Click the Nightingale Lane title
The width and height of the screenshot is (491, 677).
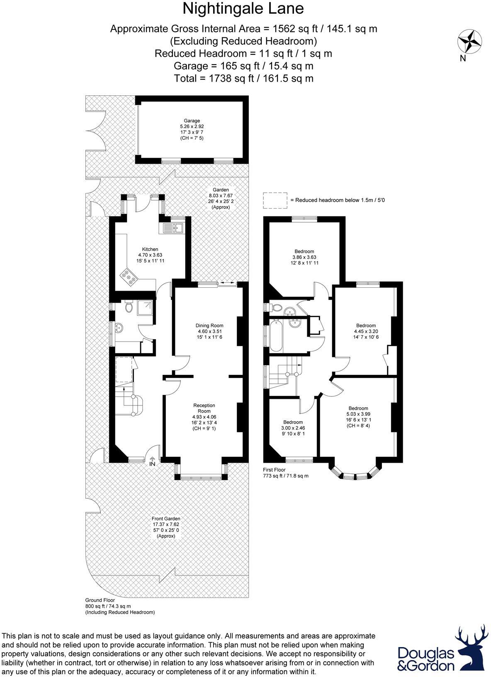(x=243, y=9)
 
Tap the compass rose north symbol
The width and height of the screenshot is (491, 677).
(x=470, y=42)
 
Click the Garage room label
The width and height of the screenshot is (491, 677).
(x=192, y=121)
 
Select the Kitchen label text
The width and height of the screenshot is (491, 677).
(x=150, y=249)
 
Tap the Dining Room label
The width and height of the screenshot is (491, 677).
(x=209, y=325)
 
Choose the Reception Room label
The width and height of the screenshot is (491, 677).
(x=204, y=408)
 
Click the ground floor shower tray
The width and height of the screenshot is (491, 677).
(x=146, y=308)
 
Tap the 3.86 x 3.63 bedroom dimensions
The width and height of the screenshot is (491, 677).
(x=304, y=257)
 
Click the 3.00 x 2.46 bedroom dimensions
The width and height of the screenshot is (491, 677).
(x=293, y=428)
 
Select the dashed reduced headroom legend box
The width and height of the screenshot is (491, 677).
(x=275, y=200)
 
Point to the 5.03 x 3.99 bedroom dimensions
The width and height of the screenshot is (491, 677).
(x=358, y=414)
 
